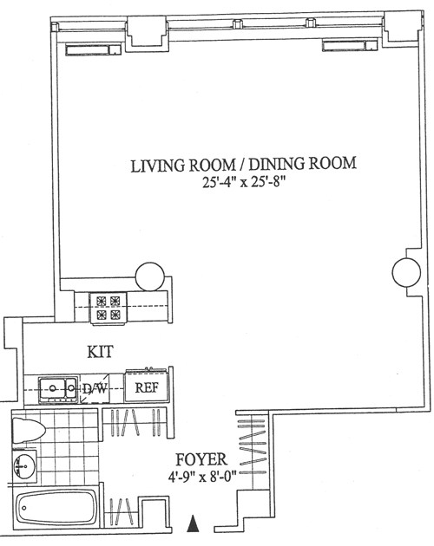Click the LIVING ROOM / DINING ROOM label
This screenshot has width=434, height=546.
click(x=244, y=165)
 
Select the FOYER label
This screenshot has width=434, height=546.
click(x=201, y=459)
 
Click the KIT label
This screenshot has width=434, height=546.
click(x=100, y=352)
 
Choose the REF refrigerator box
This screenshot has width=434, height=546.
click(x=147, y=387)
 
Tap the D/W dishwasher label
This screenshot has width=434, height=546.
click(x=95, y=388)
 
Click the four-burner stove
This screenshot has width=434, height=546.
click(x=108, y=309)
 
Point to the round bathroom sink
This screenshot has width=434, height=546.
click(x=24, y=465)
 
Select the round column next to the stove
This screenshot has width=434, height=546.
click(x=149, y=276)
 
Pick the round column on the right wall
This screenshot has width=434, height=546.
click(x=406, y=272)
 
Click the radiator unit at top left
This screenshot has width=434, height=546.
click(x=93, y=49)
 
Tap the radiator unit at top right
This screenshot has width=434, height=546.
click(x=350, y=45)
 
